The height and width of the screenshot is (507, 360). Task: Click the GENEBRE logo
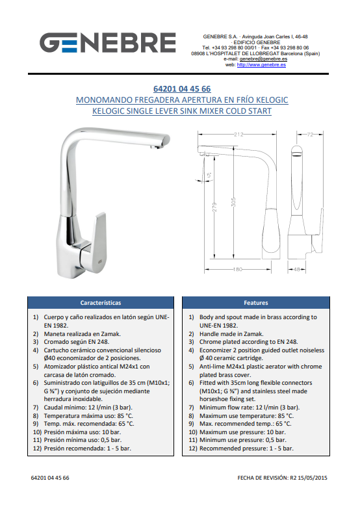coord(108,42)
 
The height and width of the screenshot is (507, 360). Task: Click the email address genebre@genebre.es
coord(263,59)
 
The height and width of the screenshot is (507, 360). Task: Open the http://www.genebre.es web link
coord(261,64)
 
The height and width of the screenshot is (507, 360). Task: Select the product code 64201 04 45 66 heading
coord(182,88)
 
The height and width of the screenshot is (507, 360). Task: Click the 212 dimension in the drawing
coord(238,134)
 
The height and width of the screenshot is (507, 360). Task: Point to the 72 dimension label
coord(310,134)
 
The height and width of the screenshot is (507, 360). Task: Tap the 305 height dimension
coord(234,202)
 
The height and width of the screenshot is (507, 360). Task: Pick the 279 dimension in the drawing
coord(214,207)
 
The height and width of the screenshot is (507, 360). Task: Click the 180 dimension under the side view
coord(238,269)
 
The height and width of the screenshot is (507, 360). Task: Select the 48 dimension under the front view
coord(297,269)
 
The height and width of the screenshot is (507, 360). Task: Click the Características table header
coord(101,303)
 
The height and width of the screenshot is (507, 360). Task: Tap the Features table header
coord(256,303)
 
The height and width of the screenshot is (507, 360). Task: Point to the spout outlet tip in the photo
coord(157,147)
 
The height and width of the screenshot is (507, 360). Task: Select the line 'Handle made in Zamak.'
coord(231,333)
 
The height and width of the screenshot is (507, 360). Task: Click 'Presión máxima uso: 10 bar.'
coord(83,432)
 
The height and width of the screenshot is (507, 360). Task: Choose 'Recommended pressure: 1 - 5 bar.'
coord(246,448)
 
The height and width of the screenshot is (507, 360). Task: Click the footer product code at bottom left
coord(50,478)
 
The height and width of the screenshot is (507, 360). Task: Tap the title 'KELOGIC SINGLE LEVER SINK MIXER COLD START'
coord(182,111)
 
